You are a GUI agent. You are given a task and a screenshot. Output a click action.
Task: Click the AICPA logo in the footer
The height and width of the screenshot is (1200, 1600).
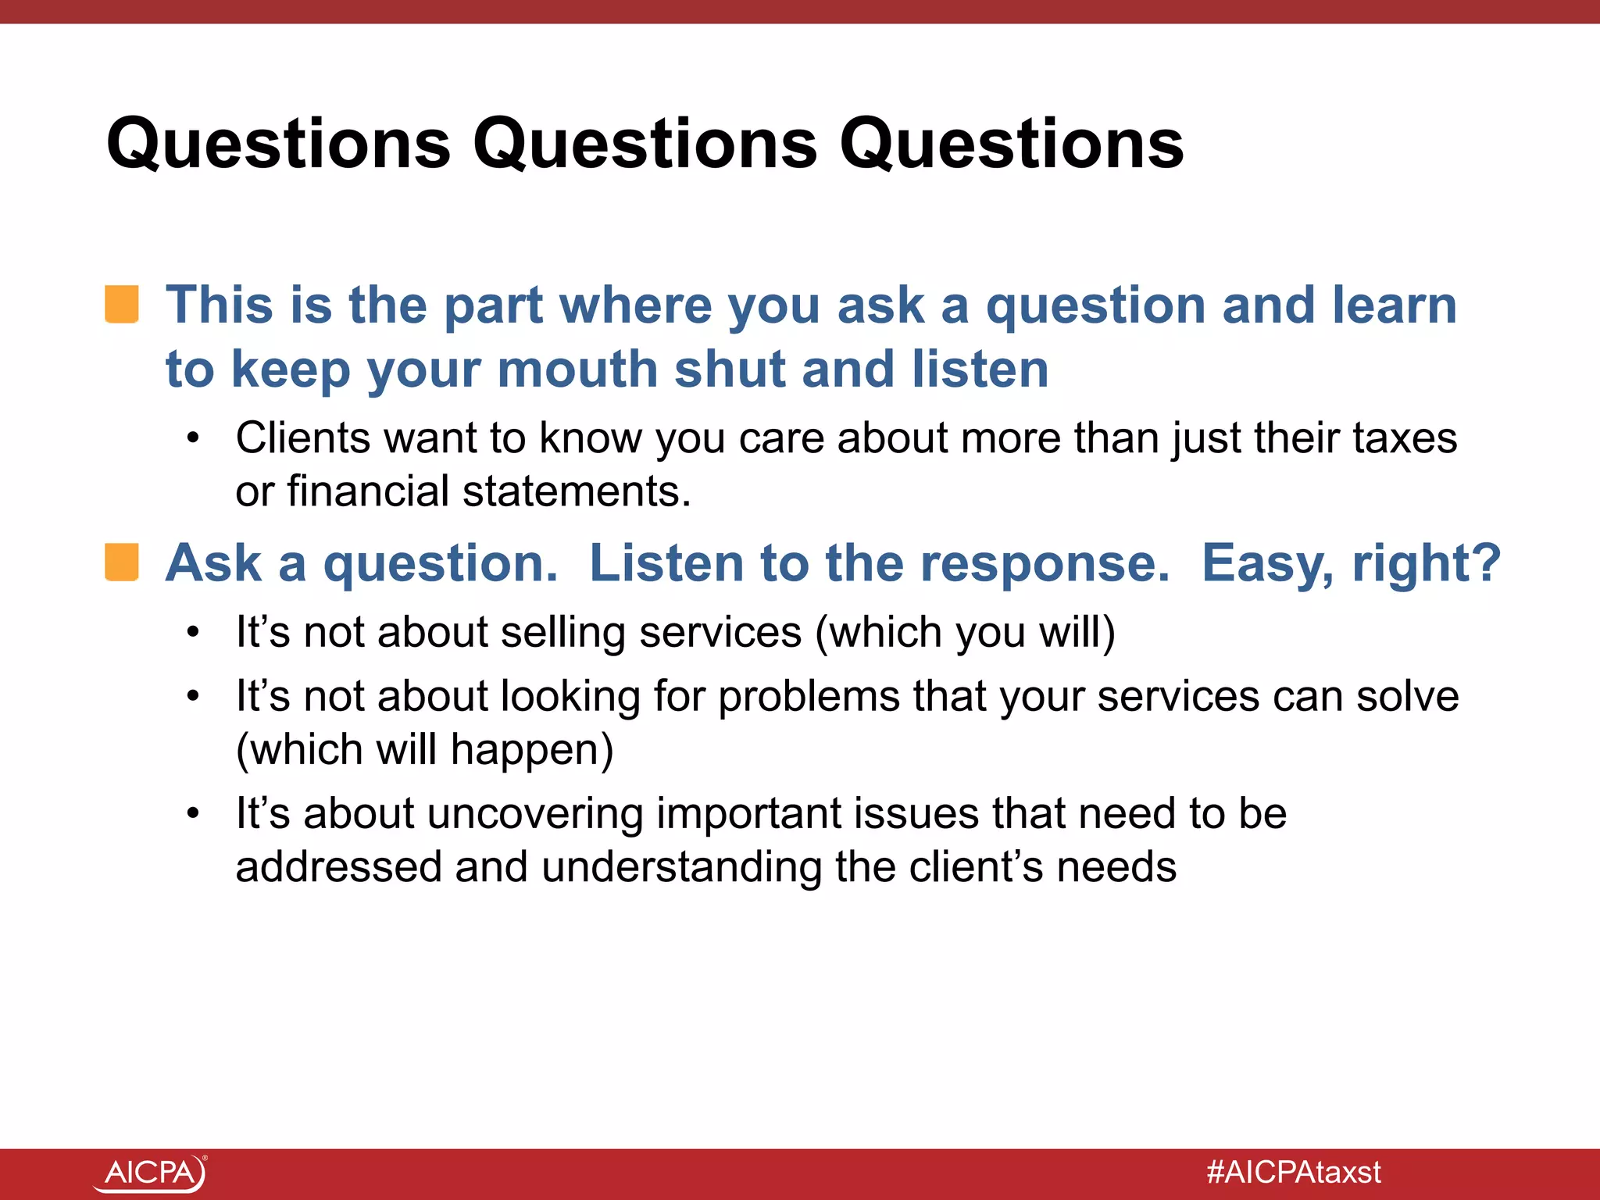[150, 1173]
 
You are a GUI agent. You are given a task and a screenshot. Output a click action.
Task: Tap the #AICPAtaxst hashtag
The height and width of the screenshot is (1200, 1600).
[1293, 1172]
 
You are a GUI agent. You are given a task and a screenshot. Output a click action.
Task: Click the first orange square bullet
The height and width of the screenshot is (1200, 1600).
[122, 304]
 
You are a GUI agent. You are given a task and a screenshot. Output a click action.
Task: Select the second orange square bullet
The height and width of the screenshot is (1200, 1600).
[122, 562]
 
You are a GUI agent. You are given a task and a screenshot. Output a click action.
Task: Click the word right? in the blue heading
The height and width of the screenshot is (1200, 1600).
[1427, 564]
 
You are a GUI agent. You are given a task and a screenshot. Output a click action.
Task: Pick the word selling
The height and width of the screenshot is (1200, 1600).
[562, 632]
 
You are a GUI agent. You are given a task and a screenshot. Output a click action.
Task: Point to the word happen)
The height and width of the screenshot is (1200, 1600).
[531, 750]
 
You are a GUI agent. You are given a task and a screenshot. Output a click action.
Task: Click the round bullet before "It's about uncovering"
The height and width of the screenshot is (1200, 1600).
[194, 815]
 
